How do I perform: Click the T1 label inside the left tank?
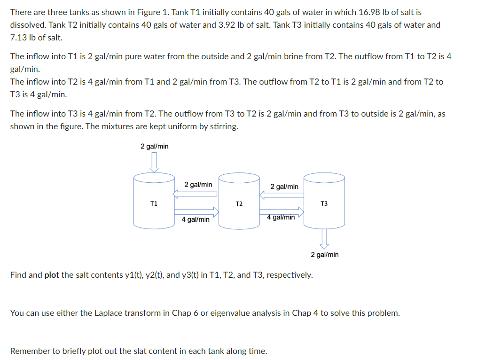tap(154, 203)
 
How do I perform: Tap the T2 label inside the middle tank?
tap(239, 203)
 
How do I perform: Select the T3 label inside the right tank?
tap(324, 203)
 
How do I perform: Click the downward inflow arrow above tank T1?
tap(154, 163)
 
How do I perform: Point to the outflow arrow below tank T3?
tap(324, 238)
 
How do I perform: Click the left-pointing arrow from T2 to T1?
tap(196, 193)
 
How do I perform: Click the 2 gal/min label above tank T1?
tap(154, 146)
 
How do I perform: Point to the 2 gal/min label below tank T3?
tap(324, 254)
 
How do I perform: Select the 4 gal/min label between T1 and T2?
tap(196, 219)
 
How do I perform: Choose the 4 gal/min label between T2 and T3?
tap(281, 217)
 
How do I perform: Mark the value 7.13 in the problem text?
tap(19, 37)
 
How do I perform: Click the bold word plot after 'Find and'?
tap(52, 274)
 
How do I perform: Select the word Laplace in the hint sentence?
tap(140, 313)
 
